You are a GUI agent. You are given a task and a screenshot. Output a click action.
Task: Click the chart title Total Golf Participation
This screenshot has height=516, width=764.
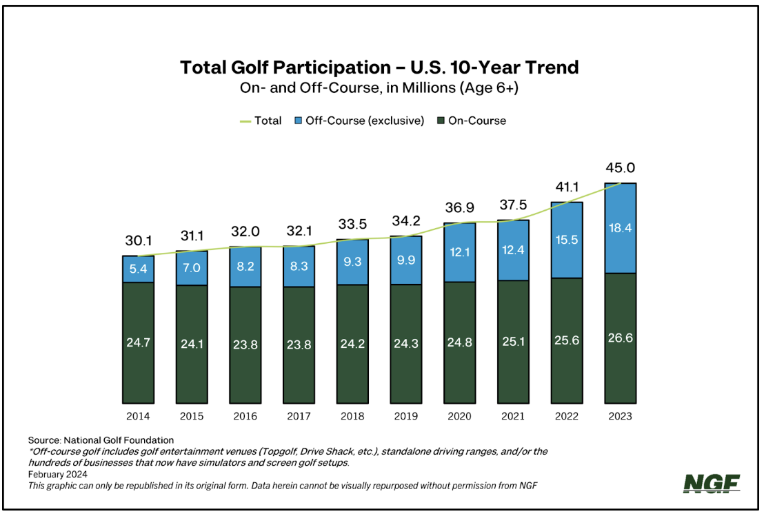(379, 68)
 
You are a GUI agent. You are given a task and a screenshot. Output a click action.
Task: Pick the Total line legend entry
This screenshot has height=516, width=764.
(260, 121)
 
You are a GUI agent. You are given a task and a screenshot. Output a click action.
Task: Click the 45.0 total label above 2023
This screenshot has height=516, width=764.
(620, 167)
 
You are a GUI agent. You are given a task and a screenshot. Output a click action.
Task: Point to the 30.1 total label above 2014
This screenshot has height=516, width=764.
(139, 240)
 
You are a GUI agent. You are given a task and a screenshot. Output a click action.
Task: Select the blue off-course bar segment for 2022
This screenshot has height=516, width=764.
(567, 240)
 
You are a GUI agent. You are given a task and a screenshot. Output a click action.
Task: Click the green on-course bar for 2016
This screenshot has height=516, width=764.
(245, 344)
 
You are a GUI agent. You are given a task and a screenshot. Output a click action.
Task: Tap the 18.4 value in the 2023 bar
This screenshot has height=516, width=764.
(620, 227)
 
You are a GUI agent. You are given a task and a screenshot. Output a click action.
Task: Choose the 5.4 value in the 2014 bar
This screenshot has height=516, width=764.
(139, 269)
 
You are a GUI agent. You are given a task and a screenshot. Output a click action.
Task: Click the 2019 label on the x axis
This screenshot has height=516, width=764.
(405, 416)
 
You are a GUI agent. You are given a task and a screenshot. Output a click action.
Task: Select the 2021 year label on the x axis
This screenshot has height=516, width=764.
(512, 416)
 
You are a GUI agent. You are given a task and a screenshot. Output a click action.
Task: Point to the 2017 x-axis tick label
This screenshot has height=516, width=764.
(299, 416)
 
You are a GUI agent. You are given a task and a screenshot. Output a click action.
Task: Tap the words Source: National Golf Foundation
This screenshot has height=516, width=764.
(101, 440)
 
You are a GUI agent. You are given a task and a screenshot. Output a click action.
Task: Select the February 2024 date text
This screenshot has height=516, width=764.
(58, 475)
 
